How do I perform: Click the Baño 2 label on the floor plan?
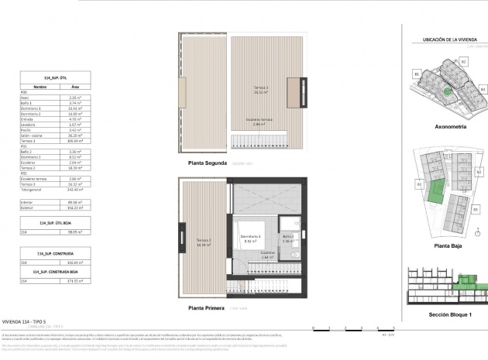tap(287, 238)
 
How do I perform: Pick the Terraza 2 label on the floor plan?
tap(204, 241)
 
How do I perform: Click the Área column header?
tap(74, 87)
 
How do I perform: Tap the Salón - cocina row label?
tap(32, 136)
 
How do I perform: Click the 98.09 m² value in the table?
tap(76, 230)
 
